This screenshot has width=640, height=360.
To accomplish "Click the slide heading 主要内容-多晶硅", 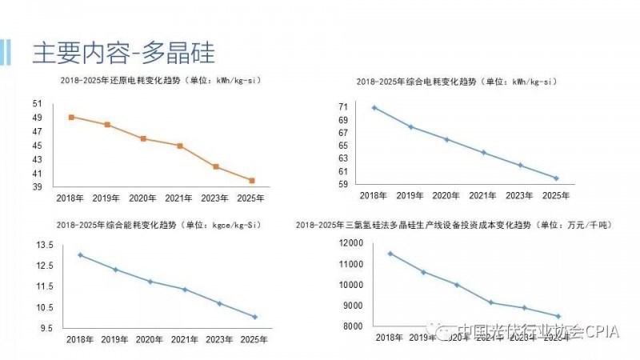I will [124, 52].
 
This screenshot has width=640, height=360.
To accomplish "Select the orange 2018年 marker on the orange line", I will [72, 117].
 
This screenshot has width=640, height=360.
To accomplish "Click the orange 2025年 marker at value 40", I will [252, 181].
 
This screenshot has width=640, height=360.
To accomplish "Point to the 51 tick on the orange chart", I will [38, 103].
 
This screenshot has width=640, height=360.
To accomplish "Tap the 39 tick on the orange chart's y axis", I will [38, 187].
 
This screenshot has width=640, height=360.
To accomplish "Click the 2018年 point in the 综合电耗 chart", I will [374, 107].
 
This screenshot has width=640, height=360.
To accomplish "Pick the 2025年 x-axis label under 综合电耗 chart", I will [556, 195].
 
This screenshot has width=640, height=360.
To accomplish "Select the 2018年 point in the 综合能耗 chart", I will [80, 255].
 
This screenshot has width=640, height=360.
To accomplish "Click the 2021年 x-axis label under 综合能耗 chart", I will [185, 339].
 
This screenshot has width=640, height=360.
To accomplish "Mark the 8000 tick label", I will [351, 326].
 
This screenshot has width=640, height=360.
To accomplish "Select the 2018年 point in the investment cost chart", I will [390, 254].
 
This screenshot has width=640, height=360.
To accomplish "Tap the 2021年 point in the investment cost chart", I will [491, 302].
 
